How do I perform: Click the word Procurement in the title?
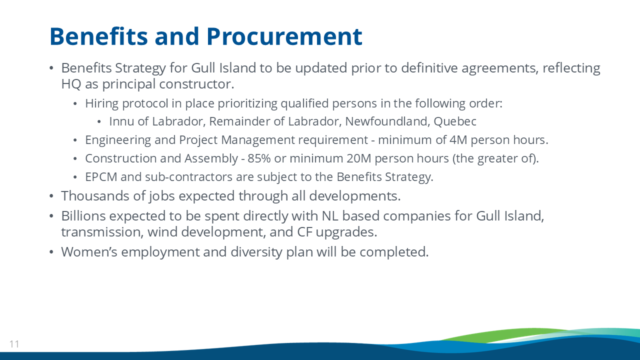284,36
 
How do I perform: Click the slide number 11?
14,344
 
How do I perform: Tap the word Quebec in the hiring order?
455,121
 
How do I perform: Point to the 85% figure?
259,158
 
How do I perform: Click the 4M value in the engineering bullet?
458,140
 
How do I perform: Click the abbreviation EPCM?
101,177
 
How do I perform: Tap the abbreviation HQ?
71,84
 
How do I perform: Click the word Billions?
83,216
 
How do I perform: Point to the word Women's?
89,252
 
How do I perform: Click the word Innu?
121,121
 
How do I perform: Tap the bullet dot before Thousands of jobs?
51,196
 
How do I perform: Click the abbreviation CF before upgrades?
304,232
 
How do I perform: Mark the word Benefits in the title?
98,36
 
